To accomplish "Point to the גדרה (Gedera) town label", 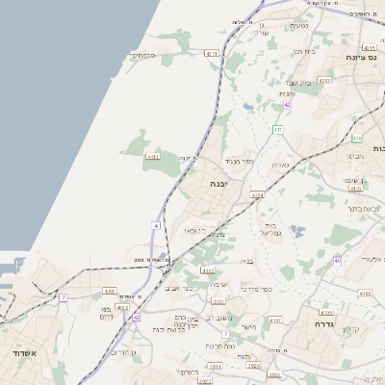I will tap(318, 325).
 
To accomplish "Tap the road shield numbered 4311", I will tap(213, 54).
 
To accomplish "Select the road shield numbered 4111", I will tap(153, 156).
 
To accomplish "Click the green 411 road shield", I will tap(278, 129).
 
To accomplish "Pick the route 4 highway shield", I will tap(155, 225).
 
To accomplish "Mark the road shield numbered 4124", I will tap(257, 195).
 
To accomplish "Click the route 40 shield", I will tap(338, 261).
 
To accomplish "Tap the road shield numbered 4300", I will tap(109, 291).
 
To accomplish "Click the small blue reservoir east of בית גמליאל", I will tap(296, 230).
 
